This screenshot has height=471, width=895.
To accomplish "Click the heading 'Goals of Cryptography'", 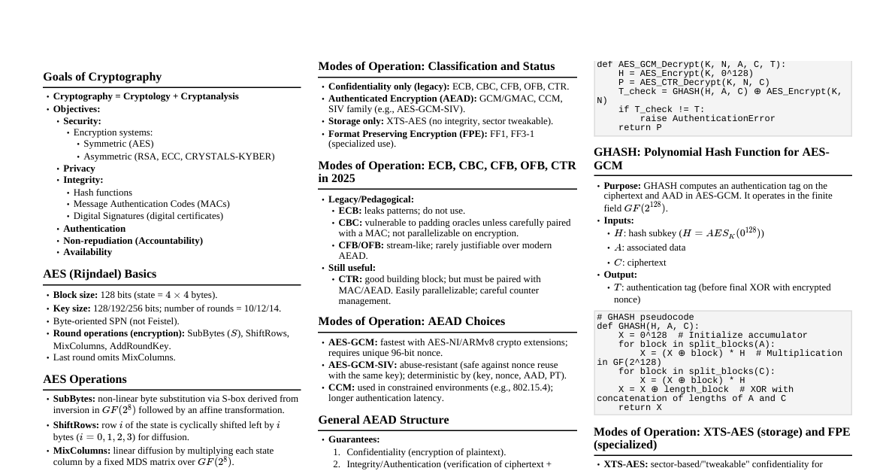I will coord(102,77).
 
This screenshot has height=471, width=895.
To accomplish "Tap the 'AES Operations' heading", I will coord(85,379).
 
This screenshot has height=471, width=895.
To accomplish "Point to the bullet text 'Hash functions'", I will coord(103,193).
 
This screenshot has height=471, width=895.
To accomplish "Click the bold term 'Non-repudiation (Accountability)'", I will coord(133,241).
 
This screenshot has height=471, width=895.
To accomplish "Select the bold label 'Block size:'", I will coord(75,295).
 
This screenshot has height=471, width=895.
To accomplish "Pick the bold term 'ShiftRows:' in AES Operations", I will coord(74,425).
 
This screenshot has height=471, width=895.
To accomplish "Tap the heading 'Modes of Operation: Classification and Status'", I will coord(436,66).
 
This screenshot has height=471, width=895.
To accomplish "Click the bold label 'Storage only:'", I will coord(356,121).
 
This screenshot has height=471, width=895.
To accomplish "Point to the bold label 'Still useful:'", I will coord(352,268).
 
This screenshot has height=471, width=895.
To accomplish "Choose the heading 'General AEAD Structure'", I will coord(383,420).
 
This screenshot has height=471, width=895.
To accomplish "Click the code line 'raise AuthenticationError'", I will coord(707,119).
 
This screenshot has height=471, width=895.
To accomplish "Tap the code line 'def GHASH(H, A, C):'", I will coord(648,327).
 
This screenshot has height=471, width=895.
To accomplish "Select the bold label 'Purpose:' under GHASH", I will coord(622,186).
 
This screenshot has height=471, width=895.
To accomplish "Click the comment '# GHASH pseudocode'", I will coord(646,318).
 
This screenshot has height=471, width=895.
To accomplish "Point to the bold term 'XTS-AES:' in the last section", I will coord(625,464).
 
